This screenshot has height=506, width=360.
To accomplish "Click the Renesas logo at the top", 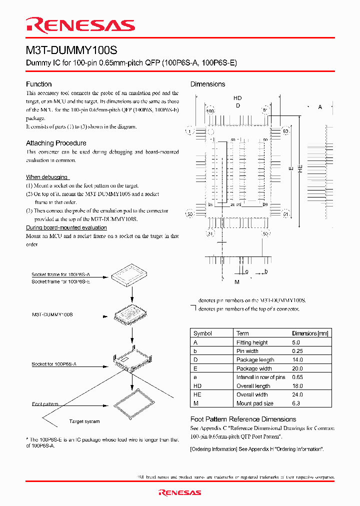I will click(x=80, y=25).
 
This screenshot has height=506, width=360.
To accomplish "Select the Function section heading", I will click(x=39, y=84).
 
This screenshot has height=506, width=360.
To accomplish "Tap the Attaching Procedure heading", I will click(x=56, y=143).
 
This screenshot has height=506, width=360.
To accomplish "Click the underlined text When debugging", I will click(x=47, y=177).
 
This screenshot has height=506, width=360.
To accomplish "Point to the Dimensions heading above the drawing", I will click(x=207, y=84).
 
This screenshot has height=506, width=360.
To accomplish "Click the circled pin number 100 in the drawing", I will click(x=210, y=110).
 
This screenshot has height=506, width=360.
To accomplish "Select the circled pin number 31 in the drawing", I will click(x=210, y=233).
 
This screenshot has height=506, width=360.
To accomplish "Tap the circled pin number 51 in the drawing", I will click(x=286, y=214).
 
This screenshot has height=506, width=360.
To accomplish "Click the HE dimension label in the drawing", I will click(x=300, y=169).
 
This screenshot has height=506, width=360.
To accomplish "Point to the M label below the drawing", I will click(x=237, y=282).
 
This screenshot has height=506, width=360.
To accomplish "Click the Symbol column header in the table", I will click(x=202, y=333).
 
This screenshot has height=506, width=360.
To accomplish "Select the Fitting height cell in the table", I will click(x=251, y=342).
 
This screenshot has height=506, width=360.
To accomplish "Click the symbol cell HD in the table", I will click(x=196, y=386).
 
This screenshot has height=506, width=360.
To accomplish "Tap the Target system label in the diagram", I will click(x=84, y=421).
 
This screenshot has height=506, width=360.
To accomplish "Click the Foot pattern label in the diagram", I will click(x=45, y=404).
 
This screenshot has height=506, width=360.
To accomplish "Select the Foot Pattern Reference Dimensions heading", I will click(x=243, y=419).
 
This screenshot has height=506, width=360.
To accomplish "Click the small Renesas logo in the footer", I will click(x=180, y=492).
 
